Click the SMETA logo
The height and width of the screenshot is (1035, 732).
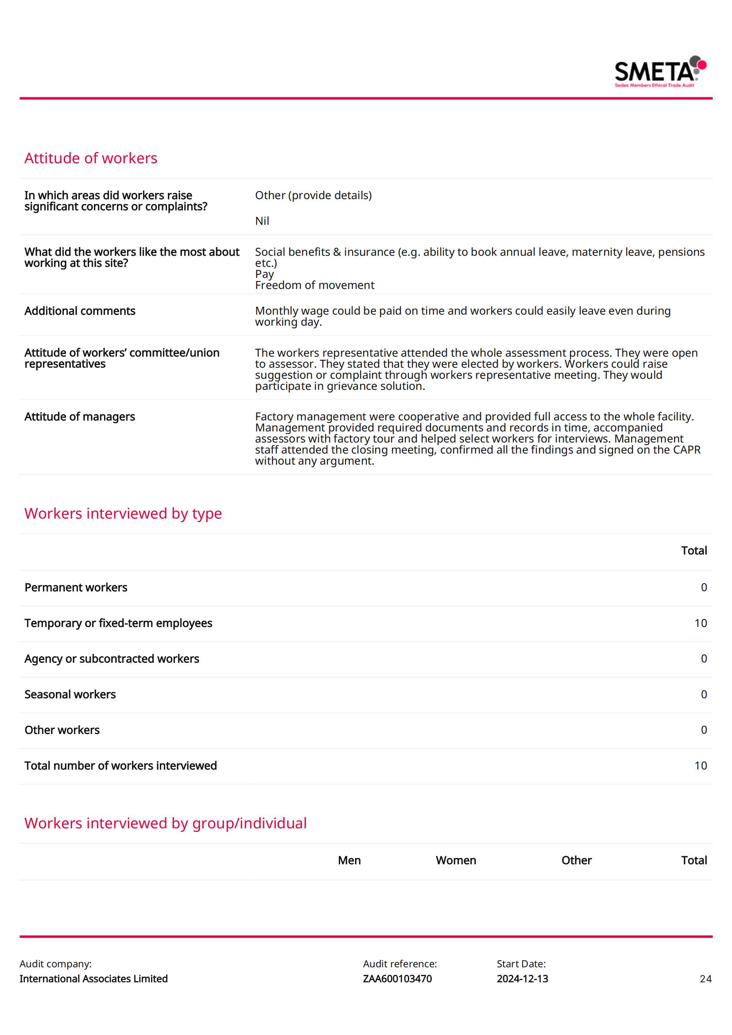[x=659, y=72]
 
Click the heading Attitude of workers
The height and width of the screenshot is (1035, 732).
[x=91, y=158]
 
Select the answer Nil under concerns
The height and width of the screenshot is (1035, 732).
[x=262, y=221]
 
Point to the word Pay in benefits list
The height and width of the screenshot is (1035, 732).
[x=264, y=274]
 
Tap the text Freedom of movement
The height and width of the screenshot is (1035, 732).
[x=314, y=285]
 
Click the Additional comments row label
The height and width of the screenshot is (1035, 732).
[x=80, y=311]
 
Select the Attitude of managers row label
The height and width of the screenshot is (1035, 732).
[x=80, y=416]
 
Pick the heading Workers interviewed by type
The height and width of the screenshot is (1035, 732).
[x=123, y=513]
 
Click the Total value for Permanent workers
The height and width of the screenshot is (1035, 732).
[x=704, y=587]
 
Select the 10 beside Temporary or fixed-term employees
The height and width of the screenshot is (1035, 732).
[x=701, y=623]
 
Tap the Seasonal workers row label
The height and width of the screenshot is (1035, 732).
[x=70, y=694]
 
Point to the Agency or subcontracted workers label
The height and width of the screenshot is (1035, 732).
[x=112, y=658]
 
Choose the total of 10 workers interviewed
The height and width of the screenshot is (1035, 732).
[x=701, y=766]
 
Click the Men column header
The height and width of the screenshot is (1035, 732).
[x=349, y=860]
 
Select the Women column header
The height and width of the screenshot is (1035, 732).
[x=456, y=860]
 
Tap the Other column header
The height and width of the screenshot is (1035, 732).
[x=576, y=860]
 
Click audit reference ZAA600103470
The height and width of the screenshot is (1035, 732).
[x=397, y=979]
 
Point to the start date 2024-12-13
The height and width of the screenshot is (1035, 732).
[x=522, y=979]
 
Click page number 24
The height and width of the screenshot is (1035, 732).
[x=705, y=979]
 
